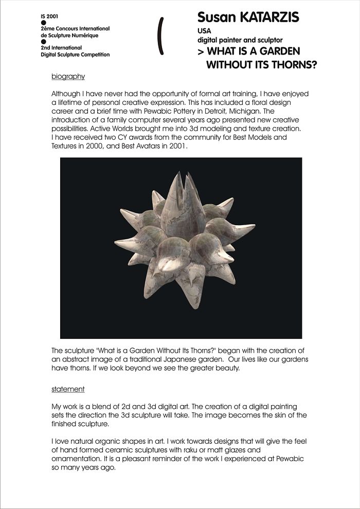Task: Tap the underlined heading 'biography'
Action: [68, 77]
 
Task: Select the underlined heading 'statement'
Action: [68, 389]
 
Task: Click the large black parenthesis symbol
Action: [161, 35]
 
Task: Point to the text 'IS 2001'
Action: [49, 16]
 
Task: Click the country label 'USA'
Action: [204, 31]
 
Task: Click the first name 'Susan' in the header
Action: [214, 17]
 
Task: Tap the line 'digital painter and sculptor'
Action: [240, 40]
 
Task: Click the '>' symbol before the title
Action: [201, 52]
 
